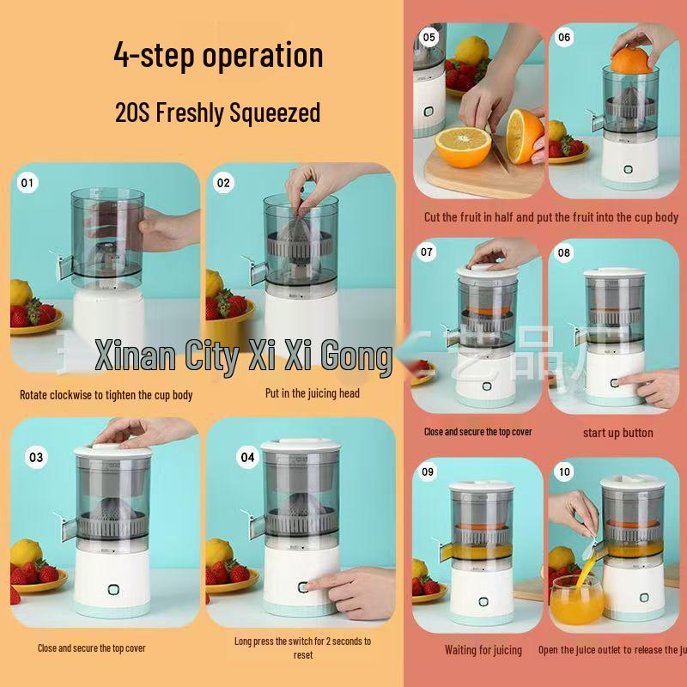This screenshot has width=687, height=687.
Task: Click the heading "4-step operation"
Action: click(x=218, y=56)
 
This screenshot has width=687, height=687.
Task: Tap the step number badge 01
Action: click(x=28, y=182)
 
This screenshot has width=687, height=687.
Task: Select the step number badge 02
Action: click(x=224, y=182)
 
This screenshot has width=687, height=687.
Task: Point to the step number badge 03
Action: click(x=35, y=457)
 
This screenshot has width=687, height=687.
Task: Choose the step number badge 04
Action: click(x=247, y=457)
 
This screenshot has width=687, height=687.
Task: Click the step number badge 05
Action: click(x=429, y=38)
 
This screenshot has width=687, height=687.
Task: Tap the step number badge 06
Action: click(x=564, y=38)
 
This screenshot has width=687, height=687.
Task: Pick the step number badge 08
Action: click(x=564, y=252)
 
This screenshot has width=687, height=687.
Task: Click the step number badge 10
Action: click(x=564, y=472)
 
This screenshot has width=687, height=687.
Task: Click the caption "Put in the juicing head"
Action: click(x=312, y=393)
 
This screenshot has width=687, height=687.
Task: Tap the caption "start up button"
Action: click(x=617, y=433)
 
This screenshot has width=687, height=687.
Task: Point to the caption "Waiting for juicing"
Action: click(x=483, y=650)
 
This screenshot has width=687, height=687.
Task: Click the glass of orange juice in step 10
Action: click(x=577, y=601)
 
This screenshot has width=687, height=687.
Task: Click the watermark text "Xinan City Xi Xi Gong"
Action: click(x=243, y=356)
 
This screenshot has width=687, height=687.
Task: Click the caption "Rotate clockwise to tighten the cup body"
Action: click(x=106, y=395)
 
